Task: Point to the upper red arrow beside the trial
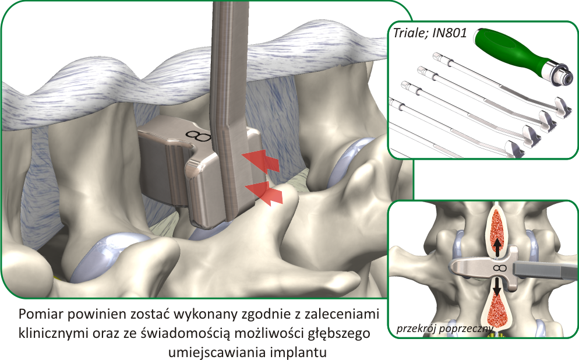[261, 161]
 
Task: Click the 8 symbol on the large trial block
[199, 136]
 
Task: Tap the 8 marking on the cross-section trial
[498, 268]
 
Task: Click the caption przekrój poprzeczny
[444, 328]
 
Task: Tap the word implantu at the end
[308, 352]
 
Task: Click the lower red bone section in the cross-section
[498, 309]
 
